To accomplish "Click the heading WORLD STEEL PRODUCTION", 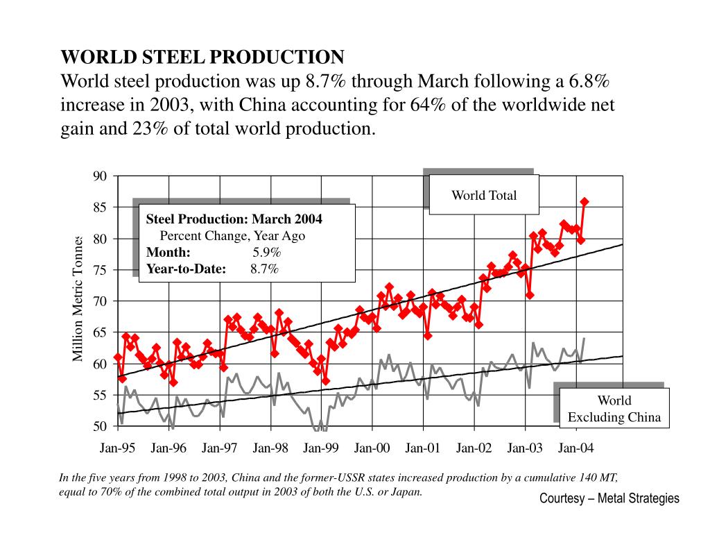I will point(202,57).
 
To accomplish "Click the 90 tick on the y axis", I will point(101,176).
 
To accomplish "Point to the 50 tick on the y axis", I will point(101,426).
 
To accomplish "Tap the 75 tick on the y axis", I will point(101,270).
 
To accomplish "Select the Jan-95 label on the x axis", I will point(117,448).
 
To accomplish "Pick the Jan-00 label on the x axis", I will point(372,448).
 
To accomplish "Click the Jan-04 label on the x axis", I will point(576,448).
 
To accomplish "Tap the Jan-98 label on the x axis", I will point(270,448).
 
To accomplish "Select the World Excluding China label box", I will point(614,409).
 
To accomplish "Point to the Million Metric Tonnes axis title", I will point(78,298).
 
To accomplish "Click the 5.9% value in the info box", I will point(266,252).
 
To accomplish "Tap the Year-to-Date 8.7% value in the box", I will point(265,269).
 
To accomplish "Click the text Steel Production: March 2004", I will point(234,219).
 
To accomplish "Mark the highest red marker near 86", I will point(585,202).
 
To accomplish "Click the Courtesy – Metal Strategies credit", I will point(609,498).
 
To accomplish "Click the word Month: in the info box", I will point(168,252).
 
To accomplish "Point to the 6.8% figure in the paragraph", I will point(586,81).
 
